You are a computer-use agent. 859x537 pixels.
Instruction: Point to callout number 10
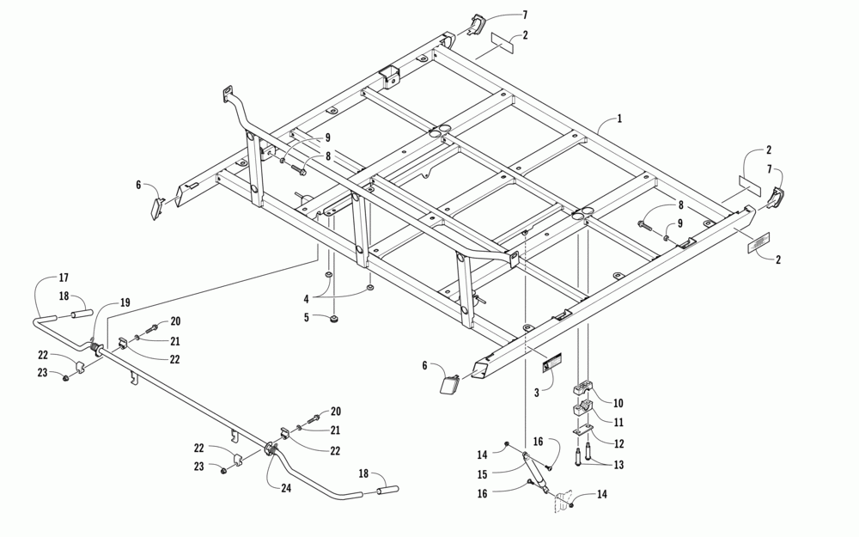pos(618,403)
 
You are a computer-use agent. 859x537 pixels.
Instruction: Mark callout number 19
pos(125,302)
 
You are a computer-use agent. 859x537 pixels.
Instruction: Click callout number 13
pos(618,464)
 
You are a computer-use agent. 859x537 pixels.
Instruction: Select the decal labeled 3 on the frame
pos(550,366)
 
